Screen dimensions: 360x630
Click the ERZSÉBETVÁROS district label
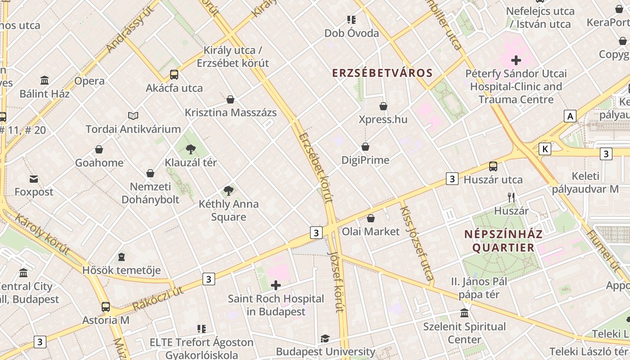(x=382, y=73)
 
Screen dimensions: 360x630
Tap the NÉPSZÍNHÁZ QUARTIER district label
(x=503, y=241)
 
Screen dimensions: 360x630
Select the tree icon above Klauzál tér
(x=191, y=149)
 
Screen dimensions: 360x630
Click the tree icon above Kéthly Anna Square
(x=229, y=190)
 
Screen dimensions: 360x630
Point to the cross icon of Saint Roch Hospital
(x=276, y=285)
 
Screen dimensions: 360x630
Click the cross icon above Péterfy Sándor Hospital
(x=516, y=60)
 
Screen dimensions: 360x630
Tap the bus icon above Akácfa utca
(x=174, y=75)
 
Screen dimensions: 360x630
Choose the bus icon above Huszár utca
(x=493, y=166)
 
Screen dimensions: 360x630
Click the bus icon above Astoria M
(x=106, y=307)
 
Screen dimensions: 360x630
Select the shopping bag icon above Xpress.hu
(x=383, y=106)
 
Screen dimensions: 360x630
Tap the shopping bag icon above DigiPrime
(x=365, y=147)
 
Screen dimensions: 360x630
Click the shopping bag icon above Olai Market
(x=371, y=219)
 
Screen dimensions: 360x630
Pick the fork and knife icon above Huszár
(x=511, y=197)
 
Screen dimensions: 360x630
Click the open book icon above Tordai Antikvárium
(x=133, y=116)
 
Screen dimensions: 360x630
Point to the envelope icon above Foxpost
(x=34, y=179)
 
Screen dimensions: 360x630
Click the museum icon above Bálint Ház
(x=45, y=81)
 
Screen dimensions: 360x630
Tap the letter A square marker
(x=571, y=116)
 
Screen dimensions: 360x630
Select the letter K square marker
(x=545, y=149)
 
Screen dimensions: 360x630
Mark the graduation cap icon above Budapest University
(x=325, y=338)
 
